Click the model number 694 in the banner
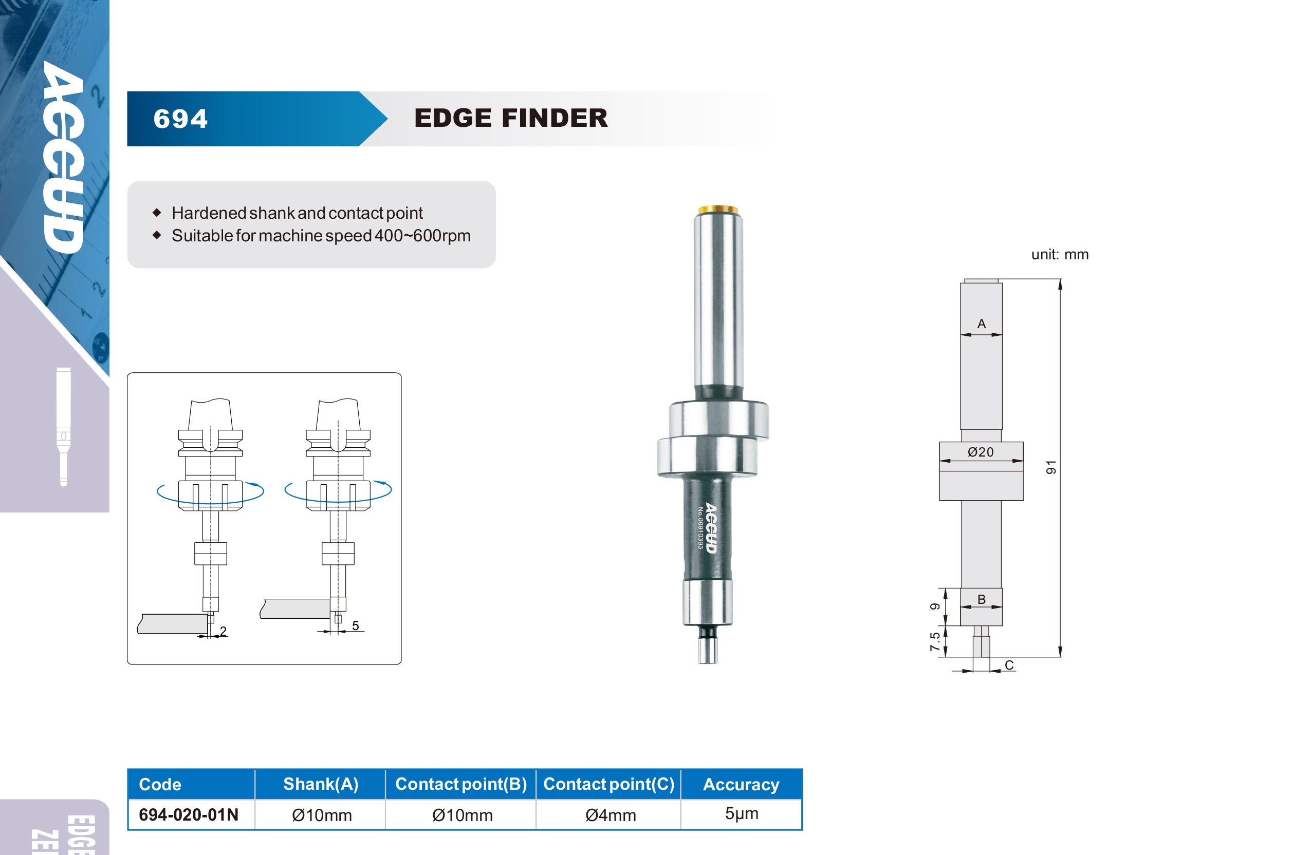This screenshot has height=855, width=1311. coord(181,119)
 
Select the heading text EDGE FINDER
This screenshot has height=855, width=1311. coord(511,118)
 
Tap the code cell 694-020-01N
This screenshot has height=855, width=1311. coord(189,814)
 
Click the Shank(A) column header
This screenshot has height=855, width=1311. coord(321,784)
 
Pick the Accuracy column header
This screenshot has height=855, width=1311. coord(741,784)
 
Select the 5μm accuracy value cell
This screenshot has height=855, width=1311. coord(742,814)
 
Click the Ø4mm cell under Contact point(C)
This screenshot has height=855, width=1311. coord(611,815)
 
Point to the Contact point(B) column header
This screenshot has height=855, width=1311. coord(461,784)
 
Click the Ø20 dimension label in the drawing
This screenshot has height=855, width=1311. coord(981,452)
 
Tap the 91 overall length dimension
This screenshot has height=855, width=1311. coord(1051,467)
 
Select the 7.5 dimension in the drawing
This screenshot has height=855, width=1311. coord(935,641)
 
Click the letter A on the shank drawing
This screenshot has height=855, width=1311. coord(982,324)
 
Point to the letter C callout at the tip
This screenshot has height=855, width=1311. coord(1009,665)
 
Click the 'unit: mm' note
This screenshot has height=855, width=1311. coord(1060,254)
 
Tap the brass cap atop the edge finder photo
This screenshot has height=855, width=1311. coord(718,209)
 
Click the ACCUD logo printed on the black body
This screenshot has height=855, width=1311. coord(711,527)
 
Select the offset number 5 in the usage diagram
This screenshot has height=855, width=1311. coord(355,625)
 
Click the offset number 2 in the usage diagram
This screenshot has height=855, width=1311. coord(223,631)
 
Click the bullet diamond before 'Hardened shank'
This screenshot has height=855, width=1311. coord(157,213)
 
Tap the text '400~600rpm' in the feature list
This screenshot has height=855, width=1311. coord(422,236)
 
